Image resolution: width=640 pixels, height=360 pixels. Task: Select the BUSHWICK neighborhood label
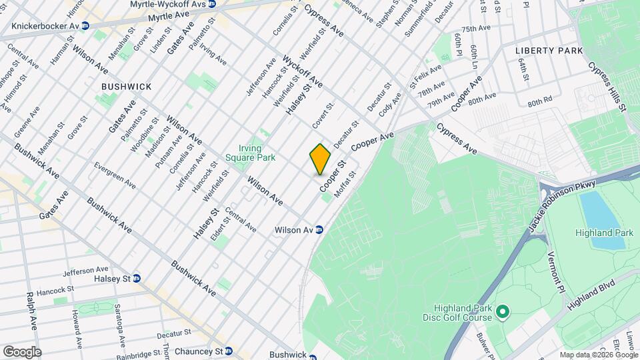click(x=127, y=87)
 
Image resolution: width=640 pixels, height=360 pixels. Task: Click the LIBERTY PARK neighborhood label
click(x=549, y=51)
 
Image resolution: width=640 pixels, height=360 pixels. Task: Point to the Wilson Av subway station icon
click(x=319, y=230)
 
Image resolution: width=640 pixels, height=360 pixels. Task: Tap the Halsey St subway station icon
click(x=137, y=278)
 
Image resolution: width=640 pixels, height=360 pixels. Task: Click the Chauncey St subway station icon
click(x=229, y=351)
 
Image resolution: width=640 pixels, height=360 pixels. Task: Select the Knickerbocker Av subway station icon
click(x=85, y=26)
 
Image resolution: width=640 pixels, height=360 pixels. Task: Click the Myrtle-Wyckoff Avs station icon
click(x=211, y=4)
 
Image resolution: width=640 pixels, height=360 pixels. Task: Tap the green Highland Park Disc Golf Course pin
click(x=503, y=311)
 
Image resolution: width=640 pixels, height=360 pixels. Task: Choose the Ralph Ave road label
click(x=31, y=311)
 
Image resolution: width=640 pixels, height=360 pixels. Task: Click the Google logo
click(x=21, y=352)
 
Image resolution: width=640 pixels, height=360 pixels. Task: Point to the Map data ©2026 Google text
click(x=597, y=355)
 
